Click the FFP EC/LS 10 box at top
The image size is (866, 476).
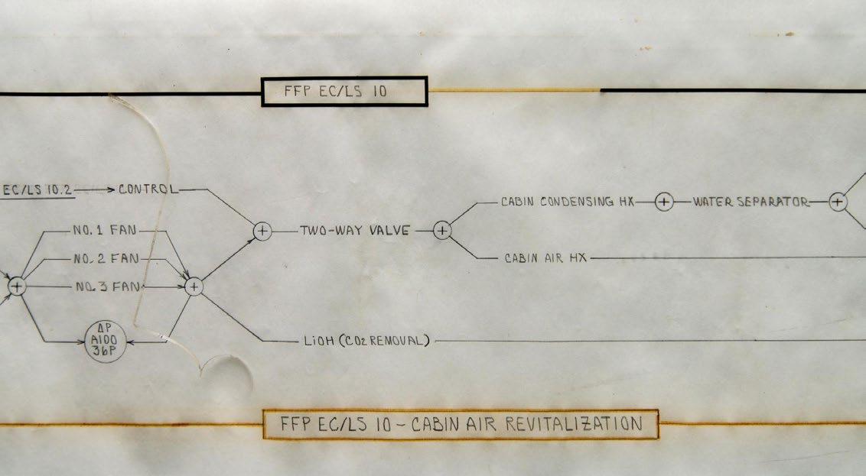coord(344,92)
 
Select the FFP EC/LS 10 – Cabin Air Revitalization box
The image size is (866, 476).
coord(461,425)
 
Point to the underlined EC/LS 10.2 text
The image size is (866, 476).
coord(38,189)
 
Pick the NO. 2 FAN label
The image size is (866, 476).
coord(106,259)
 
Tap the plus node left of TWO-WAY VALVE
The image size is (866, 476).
coord(262,230)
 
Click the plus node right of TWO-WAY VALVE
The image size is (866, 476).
coord(442,230)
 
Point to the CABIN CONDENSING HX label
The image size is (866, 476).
coord(568,202)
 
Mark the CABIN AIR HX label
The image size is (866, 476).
coord(545,258)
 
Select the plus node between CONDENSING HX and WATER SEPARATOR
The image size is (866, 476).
coord(664,202)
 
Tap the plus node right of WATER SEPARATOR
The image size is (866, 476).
coord(838,202)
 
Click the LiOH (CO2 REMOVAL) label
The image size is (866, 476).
coord(365,341)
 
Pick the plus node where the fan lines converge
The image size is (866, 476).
coord(194,287)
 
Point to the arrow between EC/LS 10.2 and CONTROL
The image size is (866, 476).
coord(96,189)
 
